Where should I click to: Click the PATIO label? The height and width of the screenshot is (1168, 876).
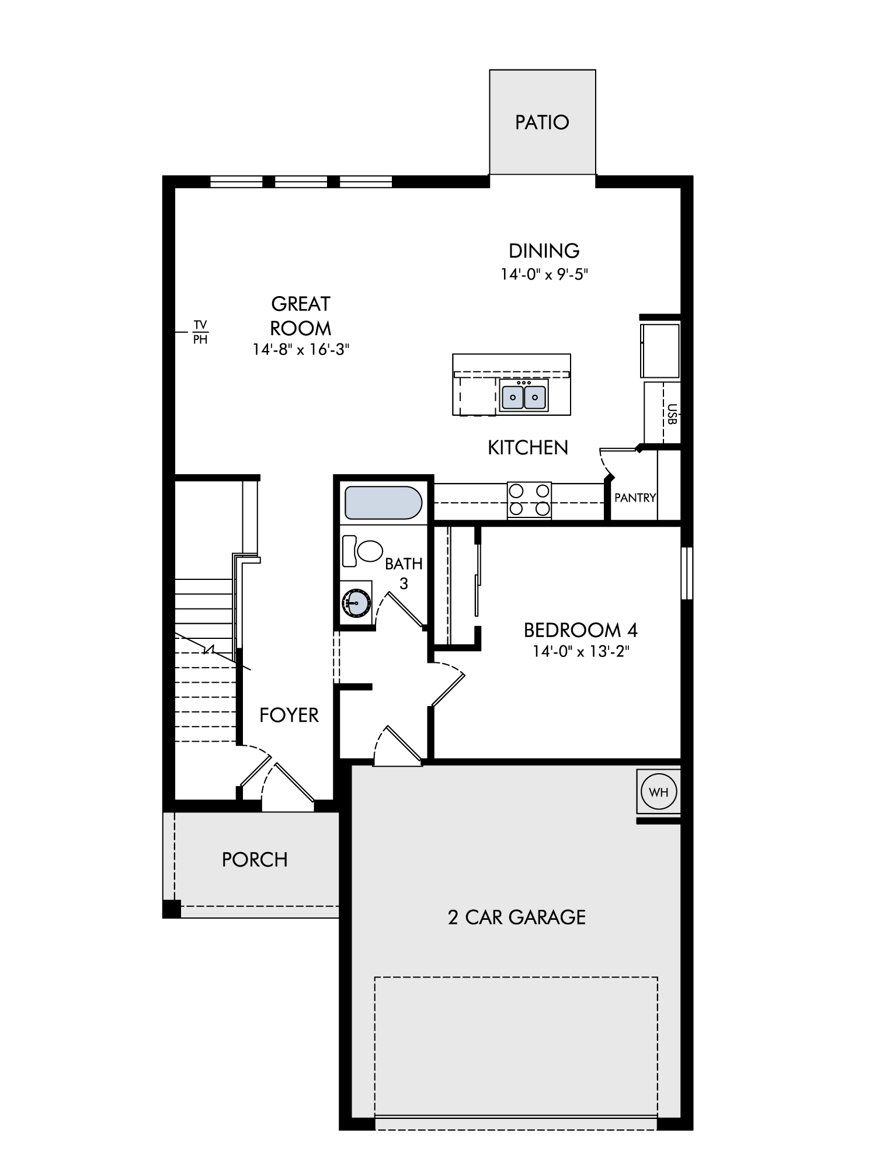pyautogui.click(x=542, y=122)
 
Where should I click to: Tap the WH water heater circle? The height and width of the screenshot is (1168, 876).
pyautogui.click(x=659, y=792)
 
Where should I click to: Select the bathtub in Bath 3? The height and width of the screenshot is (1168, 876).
pyautogui.click(x=383, y=503)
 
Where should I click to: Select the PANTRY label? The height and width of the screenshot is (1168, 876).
pyautogui.click(x=635, y=498)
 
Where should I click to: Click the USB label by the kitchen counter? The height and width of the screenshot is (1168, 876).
pyautogui.click(x=671, y=414)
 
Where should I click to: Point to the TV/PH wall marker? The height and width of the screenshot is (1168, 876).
pyautogui.click(x=200, y=332)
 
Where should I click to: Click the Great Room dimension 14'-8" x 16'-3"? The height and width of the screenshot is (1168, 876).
pyautogui.click(x=301, y=349)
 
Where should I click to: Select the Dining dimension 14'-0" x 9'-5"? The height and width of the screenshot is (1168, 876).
pyautogui.click(x=544, y=274)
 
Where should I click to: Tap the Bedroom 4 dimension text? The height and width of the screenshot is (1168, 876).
pyautogui.click(x=580, y=651)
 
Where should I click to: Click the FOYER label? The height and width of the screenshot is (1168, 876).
pyautogui.click(x=289, y=715)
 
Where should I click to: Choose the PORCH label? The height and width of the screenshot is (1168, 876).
pyautogui.click(x=255, y=860)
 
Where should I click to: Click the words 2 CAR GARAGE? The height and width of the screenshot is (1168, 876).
pyautogui.click(x=516, y=917)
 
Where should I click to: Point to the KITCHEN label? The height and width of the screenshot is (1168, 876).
pyautogui.click(x=528, y=447)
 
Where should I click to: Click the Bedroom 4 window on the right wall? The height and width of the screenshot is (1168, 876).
pyautogui.click(x=687, y=573)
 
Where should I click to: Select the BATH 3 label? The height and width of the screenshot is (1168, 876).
pyautogui.click(x=404, y=573)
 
